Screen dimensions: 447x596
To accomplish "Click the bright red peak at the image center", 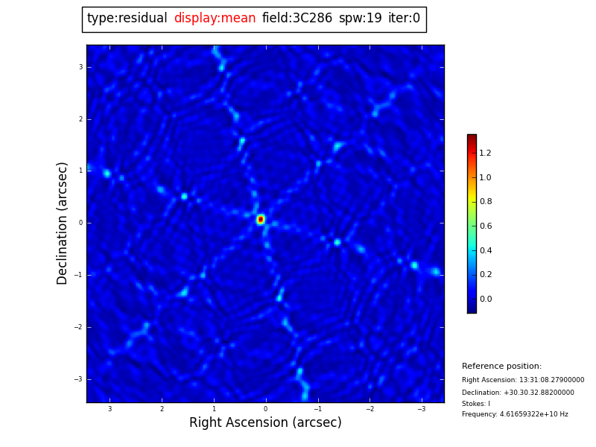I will (261, 219).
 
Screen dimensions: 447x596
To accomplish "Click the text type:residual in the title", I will (127, 19).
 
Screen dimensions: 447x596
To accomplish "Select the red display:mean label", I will (215, 19).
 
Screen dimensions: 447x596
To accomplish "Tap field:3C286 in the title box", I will (297, 19).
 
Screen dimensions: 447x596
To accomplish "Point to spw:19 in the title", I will (360, 19).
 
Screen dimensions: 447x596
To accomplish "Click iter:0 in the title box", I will (404, 19).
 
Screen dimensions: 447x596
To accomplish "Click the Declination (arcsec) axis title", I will (63, 223).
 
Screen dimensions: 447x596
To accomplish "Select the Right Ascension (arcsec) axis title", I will (265, 422).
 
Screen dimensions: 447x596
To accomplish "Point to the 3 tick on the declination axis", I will (80, 67).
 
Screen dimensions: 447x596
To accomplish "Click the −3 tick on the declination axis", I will (78, 379).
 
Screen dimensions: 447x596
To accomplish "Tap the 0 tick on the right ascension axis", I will (265, 409).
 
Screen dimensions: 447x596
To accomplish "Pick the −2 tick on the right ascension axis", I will (369, 409).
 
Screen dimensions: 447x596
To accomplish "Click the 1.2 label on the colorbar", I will (485, 153).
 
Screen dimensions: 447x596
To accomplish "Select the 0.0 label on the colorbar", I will (485, 299).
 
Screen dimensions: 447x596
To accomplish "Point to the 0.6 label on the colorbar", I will (485, 226).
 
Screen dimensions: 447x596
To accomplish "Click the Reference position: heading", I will (501, 367).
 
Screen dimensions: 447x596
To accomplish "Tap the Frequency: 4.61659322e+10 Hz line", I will (515, 414).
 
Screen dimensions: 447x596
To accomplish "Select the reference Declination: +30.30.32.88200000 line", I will (518, 393).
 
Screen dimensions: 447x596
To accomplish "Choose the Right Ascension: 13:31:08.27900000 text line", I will (523, 380).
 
